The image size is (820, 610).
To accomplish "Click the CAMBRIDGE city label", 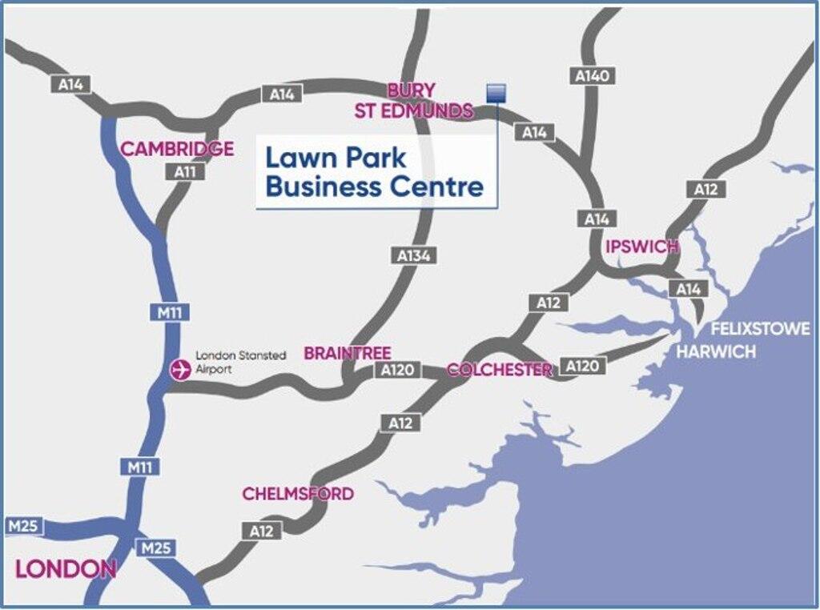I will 177,149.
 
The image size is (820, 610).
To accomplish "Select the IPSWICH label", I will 642,246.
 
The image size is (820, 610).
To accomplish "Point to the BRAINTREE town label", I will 347,353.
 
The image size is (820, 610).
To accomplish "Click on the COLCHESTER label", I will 500,370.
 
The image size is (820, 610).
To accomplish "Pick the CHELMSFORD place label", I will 298,494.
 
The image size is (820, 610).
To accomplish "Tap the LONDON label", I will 66,569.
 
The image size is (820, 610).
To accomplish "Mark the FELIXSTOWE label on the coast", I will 761,329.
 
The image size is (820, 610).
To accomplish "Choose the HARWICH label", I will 717,351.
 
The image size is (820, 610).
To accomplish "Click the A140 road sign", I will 593,76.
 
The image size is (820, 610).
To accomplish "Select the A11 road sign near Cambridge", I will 184,171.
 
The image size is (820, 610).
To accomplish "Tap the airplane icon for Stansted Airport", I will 181,370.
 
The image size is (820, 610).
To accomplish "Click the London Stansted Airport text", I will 240,362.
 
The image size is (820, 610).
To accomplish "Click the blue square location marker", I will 496,93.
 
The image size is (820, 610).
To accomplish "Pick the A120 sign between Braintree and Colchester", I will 397,371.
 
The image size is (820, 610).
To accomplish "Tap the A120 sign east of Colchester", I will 582,366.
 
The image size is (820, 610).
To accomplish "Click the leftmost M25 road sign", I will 23,527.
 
